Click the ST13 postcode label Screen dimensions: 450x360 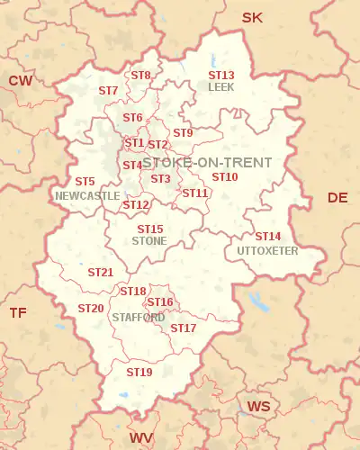221,76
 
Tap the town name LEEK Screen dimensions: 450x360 220,87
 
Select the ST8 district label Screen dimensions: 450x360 140,75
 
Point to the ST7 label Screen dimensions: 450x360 108,91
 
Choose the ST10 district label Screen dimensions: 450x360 225,176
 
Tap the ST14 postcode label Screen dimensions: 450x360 267,237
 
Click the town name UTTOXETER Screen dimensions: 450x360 267,250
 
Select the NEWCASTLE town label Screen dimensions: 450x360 87,194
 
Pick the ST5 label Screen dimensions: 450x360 85,182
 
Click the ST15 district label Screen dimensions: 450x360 150,229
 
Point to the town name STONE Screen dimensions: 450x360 148,241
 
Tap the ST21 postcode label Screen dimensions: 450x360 100,272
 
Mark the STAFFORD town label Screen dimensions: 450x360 138,318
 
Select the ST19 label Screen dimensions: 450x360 139,372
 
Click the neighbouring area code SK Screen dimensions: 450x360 252,17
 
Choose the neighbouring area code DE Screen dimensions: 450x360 337,197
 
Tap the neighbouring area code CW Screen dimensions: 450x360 21,81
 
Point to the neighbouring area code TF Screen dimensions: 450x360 18,312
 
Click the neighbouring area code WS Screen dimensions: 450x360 258,407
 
